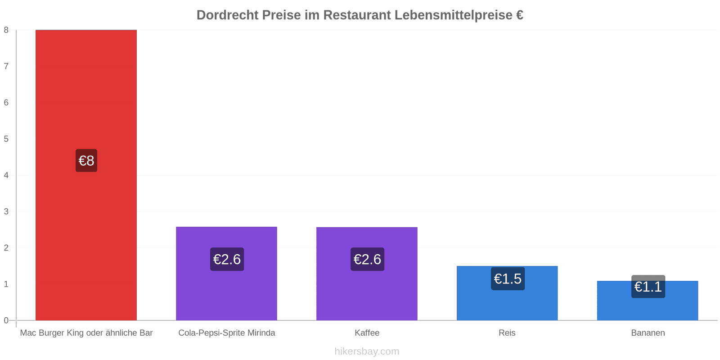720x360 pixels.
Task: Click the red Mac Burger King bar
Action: [x=86, y=175]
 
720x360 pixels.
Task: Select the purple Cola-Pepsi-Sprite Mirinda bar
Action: [x=227, y=274]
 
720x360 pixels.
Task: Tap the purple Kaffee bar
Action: [x=367, y=274]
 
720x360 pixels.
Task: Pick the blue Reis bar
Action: [x=507, y=293]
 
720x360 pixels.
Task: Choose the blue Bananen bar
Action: [x=648, y=301]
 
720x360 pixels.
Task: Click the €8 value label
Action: [x=86, y=160]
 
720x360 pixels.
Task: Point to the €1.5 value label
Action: [x=508, y=279]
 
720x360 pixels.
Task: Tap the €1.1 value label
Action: [x=648, y=286]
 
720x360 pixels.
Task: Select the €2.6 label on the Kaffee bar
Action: [x=367, y=259]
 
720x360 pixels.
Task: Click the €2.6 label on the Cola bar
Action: [x=227, y=259]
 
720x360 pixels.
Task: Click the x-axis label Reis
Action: [x=507, y=333]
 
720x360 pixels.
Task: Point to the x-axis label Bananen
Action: [x=648, y=333]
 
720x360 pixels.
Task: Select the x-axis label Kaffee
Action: [x=367, y=333]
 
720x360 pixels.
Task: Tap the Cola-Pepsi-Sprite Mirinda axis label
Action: [x=227, y=333]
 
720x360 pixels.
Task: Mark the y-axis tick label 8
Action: [x=6, y=30]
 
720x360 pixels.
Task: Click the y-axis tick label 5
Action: [x=6, y=139]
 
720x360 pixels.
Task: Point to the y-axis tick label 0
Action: [x=6, y=320]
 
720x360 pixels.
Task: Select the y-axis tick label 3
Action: [x=6, y=211]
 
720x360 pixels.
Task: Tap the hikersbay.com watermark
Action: [x=367, y=351]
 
